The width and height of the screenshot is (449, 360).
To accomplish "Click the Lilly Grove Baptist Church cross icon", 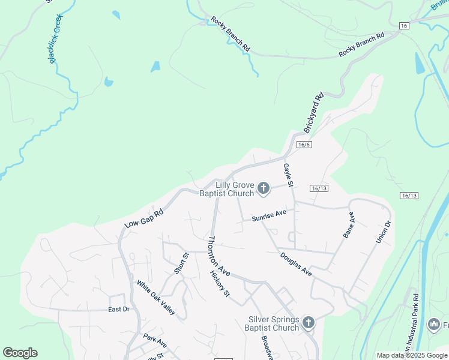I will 263,190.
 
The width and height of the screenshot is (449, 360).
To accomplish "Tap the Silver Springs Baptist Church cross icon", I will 308,323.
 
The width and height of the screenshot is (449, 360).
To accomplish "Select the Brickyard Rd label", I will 314,113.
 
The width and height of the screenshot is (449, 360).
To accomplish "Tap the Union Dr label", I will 384,232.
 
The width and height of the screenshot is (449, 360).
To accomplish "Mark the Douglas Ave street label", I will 296,264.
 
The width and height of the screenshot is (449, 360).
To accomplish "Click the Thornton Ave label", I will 218,256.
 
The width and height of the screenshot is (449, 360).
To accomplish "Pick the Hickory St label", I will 220,284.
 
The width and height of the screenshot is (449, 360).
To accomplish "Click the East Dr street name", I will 119,309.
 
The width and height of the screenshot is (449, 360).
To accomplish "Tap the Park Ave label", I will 155,341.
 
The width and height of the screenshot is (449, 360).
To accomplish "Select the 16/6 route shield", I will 304,145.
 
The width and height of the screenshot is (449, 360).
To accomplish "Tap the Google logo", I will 20,353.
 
